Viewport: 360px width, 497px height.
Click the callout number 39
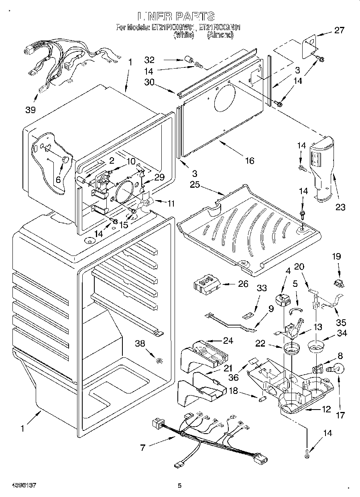click(31, 110)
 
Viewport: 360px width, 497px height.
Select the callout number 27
click(339, 30)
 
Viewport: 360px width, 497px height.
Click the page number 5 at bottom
click(180, 485)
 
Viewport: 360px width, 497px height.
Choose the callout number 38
click(140, 343)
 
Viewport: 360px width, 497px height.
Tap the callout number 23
click(340, 207)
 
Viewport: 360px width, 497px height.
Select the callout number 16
click(250, 160)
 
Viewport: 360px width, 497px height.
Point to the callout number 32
click(149, 60)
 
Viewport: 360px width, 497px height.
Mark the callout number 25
click(195, 185)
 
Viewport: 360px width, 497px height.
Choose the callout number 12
click(326, 409)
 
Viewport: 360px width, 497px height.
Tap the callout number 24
click(228, 341)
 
